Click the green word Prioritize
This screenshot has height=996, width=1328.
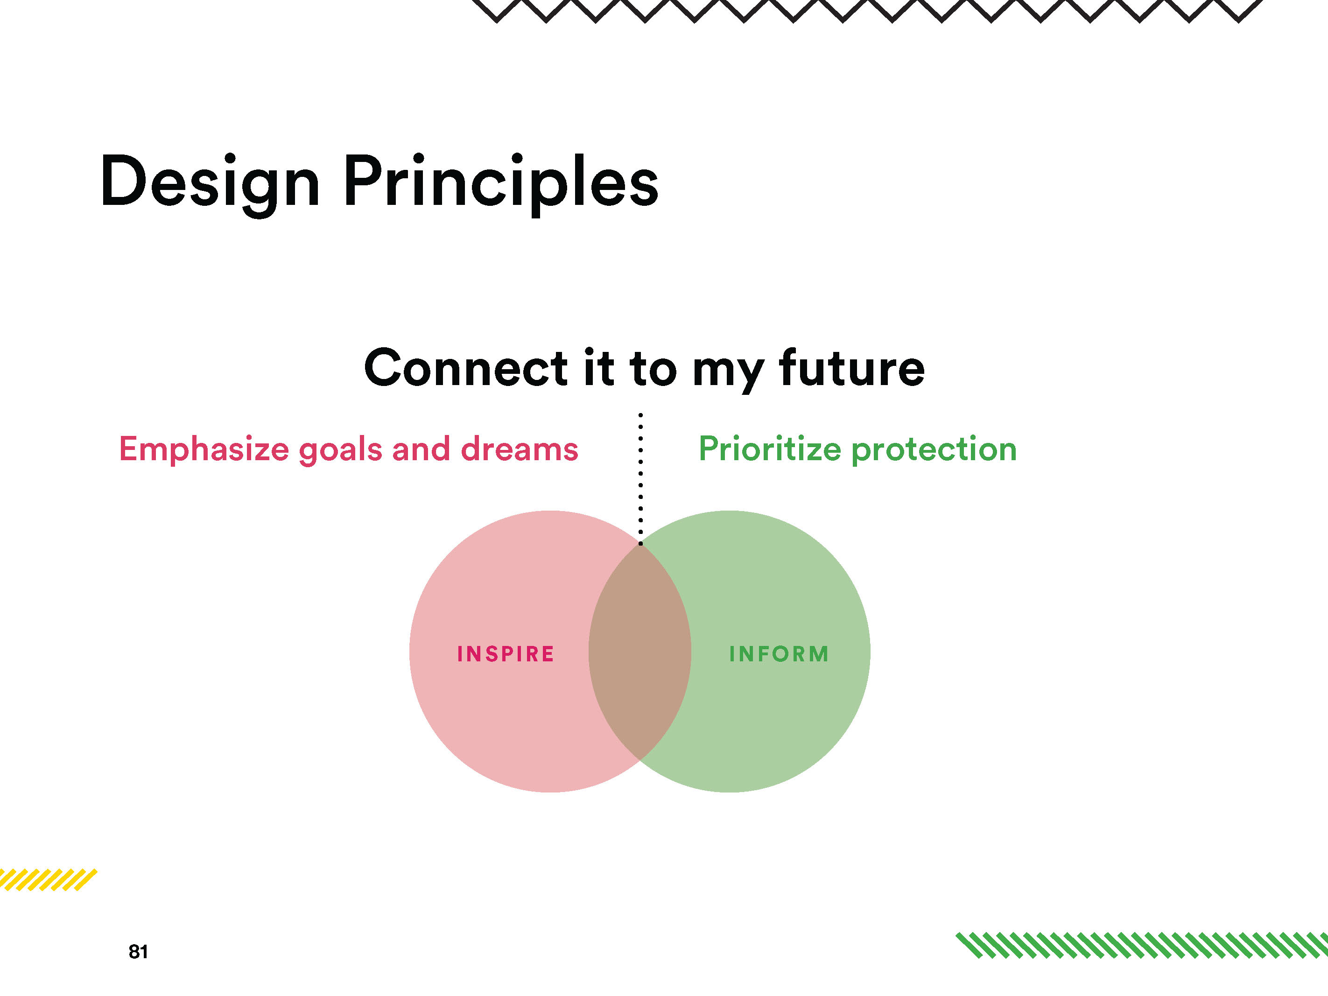[x=770, y=449]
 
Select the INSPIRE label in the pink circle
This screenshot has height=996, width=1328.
[x=506, y=654]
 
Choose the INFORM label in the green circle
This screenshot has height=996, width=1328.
[x=779, y=654]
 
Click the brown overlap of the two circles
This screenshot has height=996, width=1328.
[x=640, y=652]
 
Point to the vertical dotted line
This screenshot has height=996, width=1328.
[x=640, y=478]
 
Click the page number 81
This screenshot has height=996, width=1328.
[x=138, y=952]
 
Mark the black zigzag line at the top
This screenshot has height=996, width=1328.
[x=868, y=11]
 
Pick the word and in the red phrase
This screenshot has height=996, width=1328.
[x=422, y=449]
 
